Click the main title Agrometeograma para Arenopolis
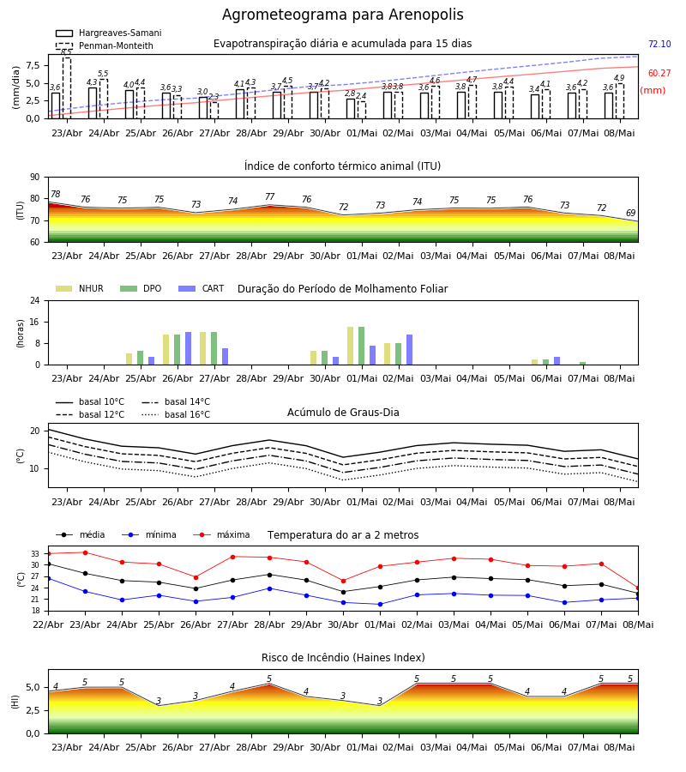[342, 15]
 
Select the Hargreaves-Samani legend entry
[109, 33]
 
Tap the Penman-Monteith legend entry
[105, 45]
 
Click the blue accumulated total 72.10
[659, 44]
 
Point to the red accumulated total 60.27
[659, 74]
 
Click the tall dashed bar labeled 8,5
[66, 88]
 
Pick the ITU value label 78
[56, 194]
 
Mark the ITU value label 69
[630, 213]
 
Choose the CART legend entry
[201, 288]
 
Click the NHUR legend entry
[80, 288]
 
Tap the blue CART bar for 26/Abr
[188, 348]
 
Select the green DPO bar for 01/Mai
[361, 346]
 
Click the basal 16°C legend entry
[176, 414]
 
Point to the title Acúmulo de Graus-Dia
[343, 412]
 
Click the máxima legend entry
[221, 534]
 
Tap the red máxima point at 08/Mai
[638, 588]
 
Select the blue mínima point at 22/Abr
[48, 578]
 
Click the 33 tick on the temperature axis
[35, 554]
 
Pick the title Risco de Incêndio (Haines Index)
[343, 658]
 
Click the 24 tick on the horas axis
[35, 300]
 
